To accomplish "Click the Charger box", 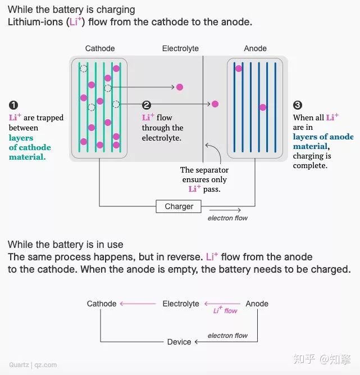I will tap(179, 206).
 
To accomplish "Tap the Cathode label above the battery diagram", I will tap(100, 49).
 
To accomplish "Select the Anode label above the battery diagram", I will tap(256, 49).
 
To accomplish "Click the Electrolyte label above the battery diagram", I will tap(180, 49).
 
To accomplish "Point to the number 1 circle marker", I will tap(13, 105).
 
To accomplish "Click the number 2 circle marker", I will tap(147, 105).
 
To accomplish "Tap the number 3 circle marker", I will tap(298, 105).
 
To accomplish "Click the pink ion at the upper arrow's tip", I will tap(180, 87).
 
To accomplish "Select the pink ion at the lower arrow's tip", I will tap(215, 104).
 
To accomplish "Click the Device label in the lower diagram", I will tap(179, 342).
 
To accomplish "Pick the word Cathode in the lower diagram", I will tap(102, 304).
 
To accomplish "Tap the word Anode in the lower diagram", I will tap(257, 304).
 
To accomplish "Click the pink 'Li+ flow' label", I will tap(225, 310).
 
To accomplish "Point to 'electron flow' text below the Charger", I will tap(227, 218).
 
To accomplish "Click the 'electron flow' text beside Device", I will tap(227, 336).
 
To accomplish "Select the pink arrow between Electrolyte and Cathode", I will tap(138, 304).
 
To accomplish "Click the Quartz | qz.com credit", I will tap(33, 364).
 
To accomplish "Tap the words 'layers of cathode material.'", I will tap(30, 147).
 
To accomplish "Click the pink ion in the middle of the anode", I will tap(262, 107).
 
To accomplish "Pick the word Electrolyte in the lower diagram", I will tap(181, 304).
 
